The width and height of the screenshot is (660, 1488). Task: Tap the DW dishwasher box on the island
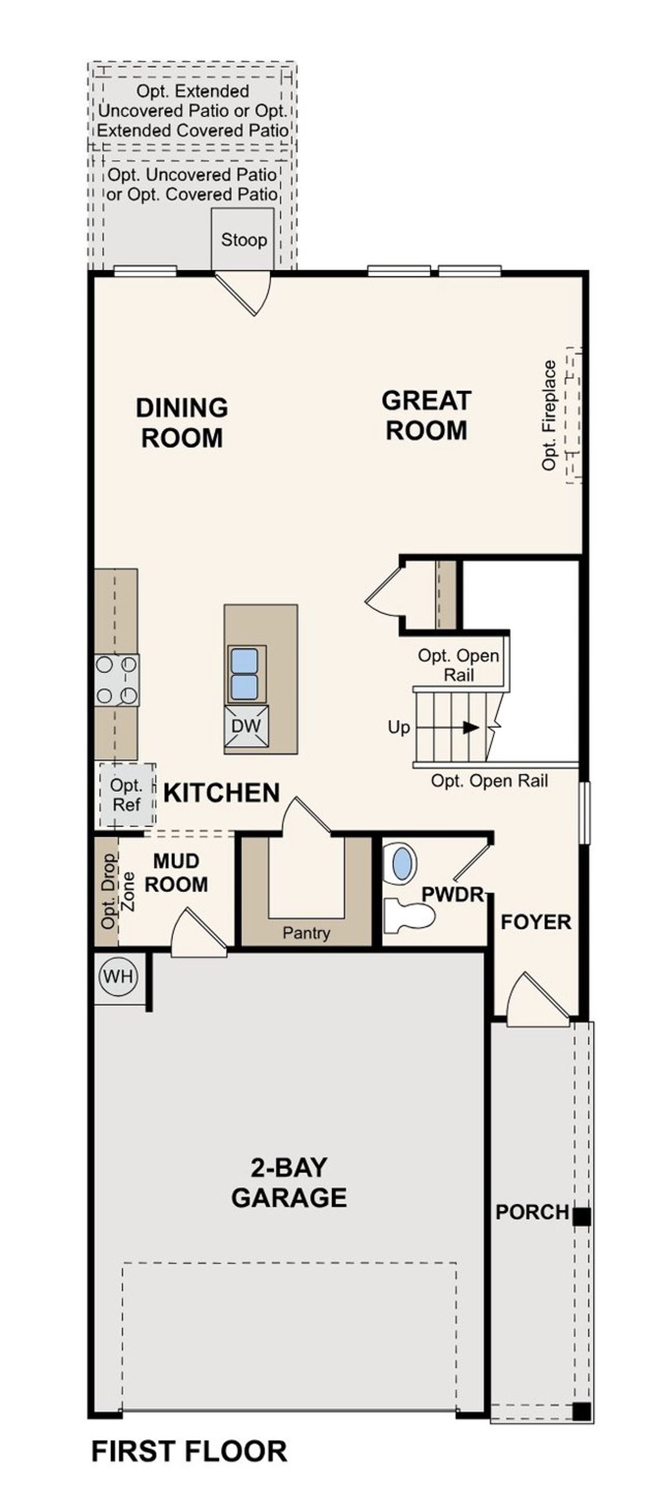click(246, 726)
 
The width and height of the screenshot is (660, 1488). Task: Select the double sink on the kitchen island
click(244, 674)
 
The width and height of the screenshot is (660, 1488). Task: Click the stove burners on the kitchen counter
click(116, 680)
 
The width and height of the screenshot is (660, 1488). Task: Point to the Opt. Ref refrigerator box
click(126, 795)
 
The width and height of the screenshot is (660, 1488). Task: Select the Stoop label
click(244, 240)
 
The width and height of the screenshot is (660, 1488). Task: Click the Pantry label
click(306, 933)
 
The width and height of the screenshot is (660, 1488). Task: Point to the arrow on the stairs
click(471, 727)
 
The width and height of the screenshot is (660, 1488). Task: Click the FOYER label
click(536, 922)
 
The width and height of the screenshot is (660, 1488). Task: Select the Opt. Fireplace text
click(549, 415)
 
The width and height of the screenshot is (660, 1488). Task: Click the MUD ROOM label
click(176, 872)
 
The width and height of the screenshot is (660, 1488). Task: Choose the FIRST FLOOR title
click(189, 1451)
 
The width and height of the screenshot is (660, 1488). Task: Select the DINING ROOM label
click(182, 422)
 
